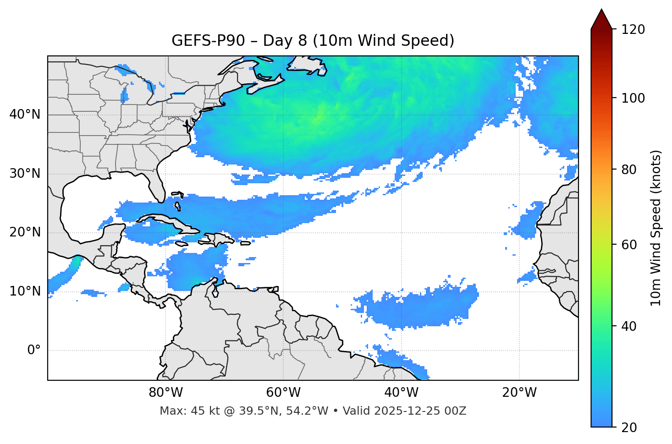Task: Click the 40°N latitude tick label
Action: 25,115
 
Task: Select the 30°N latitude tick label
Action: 25,174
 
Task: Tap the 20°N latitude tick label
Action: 25,232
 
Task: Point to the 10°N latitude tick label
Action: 25,291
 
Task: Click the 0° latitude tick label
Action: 34,351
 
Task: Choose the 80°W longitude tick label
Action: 165,393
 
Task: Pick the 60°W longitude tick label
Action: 283,393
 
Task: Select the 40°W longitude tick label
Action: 401,393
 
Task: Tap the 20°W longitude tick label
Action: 519,393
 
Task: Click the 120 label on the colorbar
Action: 633,30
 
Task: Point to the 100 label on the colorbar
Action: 633,98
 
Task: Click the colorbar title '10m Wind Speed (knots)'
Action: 656,228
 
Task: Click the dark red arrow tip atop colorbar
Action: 601,18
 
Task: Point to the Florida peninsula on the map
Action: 157,186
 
